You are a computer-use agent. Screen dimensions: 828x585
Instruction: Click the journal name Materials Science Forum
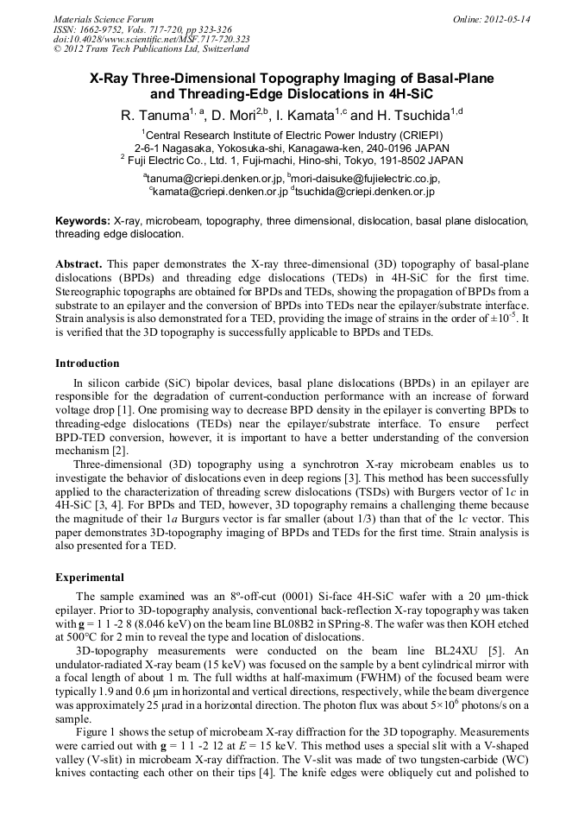point(104,19)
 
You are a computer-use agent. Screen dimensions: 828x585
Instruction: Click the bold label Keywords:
point(83,221)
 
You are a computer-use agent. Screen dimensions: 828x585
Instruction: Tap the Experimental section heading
point(90,577)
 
